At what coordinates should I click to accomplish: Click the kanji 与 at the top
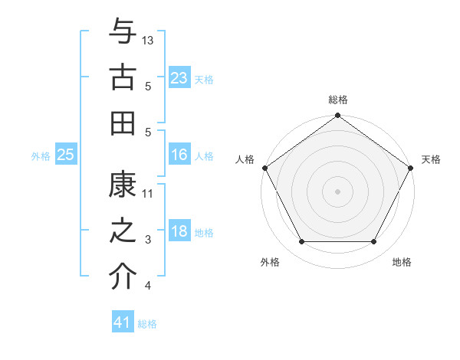pos(123,32)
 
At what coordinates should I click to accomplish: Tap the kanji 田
pos(123,121)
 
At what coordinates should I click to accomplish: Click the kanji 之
pos(123,232)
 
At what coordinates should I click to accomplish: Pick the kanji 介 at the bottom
pos(123,277)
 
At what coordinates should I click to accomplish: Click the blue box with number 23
pos(179,78)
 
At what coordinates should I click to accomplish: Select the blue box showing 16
pos(179,155)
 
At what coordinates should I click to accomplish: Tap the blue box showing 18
pos(179,232)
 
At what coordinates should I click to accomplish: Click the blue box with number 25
pos(65,155)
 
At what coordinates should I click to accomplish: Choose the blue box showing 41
pos(123,322)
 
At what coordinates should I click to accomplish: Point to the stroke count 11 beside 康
pos(148,194)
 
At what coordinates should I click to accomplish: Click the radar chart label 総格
pos(338,100)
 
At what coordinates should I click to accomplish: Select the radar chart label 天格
pos(431,159)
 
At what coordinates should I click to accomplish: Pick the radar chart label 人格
pos(245,159)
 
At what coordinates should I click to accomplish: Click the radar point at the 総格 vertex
pos(337,116)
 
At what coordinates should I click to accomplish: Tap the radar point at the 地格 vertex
pos(374,242)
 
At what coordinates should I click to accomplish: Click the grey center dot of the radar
pos(337,191)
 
